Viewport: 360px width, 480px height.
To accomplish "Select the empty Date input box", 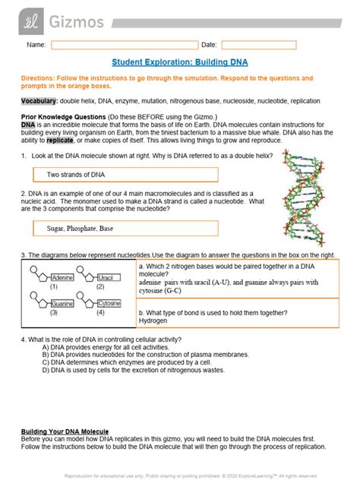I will (258, 45).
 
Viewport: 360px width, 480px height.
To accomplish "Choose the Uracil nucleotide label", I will (108, 278).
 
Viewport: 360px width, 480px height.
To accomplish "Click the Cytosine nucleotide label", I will (108, 303).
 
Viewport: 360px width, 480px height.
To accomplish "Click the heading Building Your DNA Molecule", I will (65, 431).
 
